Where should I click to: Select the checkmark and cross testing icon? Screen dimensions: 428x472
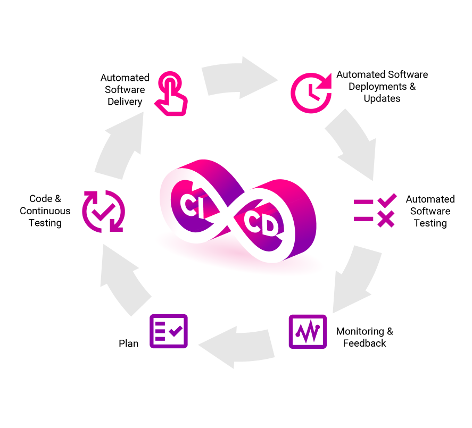pyautogui.click(x=375, y=211)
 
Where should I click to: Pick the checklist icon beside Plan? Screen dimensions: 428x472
pyautogui.click(x=169, y=331)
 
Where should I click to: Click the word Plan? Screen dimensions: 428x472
pyautogui.click(x=128, y=343)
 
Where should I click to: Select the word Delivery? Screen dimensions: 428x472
pyautogui.click(x=125, y=102)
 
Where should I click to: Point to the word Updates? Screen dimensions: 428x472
pyautogui.click(x=382, y=98)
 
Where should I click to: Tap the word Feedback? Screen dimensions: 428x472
pyautogui.click(x=365, y=343)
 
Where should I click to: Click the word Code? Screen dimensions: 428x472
pyautogui.click(x=40, y=199)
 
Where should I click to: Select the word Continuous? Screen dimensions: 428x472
pyautogui.click(x=45, y=211)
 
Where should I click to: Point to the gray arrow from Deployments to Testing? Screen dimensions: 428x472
pyautogui.click(x=354, y=143)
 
